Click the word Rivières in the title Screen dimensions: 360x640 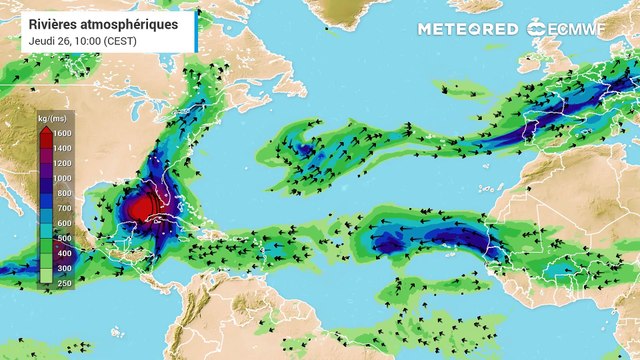54,22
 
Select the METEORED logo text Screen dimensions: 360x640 467,28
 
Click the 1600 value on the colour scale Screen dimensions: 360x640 62,133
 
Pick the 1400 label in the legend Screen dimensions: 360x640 62,148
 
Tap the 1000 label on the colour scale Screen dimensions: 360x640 62,178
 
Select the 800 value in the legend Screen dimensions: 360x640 62,193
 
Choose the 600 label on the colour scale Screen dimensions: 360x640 62,223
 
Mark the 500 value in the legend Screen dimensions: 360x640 62,238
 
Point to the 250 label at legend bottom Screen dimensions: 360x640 62,283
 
